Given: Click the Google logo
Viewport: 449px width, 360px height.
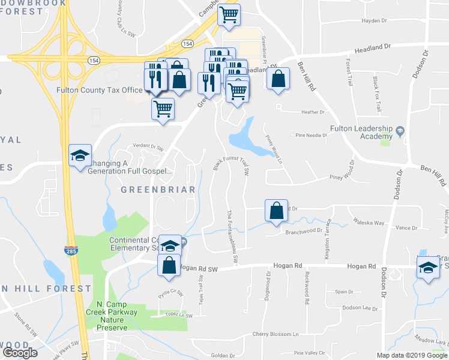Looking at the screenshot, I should (x=20, y=352).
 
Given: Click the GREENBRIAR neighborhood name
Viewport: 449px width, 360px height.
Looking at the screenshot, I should (x=158, y=190).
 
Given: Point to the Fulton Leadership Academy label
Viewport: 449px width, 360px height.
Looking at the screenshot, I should (x=361, y=133).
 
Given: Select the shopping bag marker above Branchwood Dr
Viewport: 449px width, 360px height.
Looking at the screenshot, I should (x=276, y=211).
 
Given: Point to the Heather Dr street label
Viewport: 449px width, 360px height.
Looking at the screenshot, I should (x=313, y=112).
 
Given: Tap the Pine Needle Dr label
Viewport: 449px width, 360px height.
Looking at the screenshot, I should (x=311, y=135).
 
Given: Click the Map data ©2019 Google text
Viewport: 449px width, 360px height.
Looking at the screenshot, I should (x=411, y=355).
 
